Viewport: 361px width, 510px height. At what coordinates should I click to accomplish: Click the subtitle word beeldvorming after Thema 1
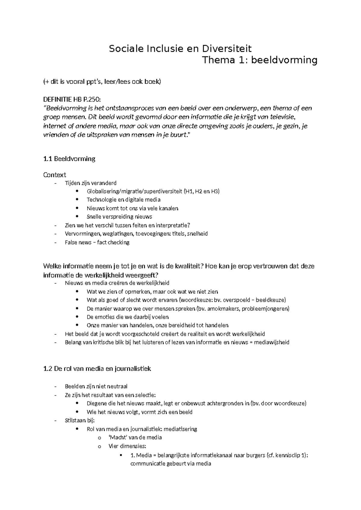point(284,60)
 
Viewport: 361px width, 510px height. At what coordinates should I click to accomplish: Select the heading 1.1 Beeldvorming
point(69,159)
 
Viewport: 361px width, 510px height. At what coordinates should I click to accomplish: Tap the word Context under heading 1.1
point(54,175)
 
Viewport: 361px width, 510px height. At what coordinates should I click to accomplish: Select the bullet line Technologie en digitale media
point(123,200)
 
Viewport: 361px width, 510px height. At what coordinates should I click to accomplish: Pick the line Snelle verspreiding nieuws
point(119,217)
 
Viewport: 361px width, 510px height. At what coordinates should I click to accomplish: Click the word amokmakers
point(224,309)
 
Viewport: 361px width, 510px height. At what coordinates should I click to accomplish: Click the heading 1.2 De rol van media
point(97,369)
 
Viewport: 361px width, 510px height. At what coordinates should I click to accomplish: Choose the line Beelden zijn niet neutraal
point(98,386)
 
